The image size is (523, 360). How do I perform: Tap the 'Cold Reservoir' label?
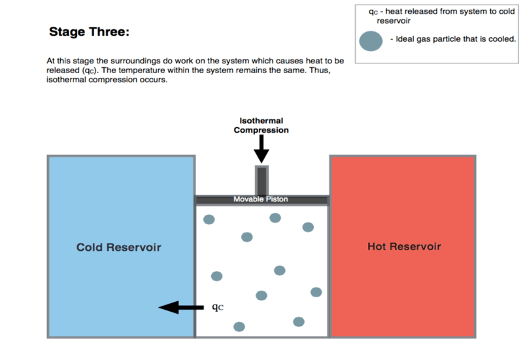(x=118, y=247)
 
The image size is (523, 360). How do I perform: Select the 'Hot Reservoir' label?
(x=404, y=246)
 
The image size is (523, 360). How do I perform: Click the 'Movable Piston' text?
(x=261, y=199)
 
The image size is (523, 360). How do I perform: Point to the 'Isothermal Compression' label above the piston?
(x=261, y=125)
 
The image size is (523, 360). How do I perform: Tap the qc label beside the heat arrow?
(x=218, y=306)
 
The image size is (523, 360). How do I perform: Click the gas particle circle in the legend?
(x=371, y=41)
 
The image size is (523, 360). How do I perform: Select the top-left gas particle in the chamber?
(x=209, y=220)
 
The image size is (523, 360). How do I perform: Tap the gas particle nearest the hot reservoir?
(x=316, y=291)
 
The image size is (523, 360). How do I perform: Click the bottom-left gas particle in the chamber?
(x=239, y=326)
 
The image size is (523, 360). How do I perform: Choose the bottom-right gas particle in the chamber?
(x=299, y=321)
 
